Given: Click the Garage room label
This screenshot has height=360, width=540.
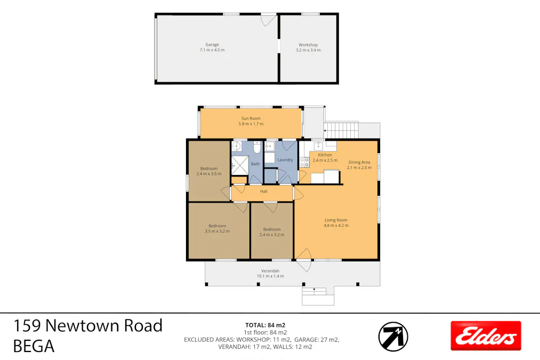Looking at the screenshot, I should pyautogui.click(x=212, y=45).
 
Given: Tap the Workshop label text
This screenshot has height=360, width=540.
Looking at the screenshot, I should pyautogui.click(x=308, y=45).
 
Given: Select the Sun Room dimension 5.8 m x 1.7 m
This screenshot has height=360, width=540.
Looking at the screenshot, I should pyautogui.click(x=251, y=124).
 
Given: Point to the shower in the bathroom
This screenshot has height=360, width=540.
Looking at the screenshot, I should pyautogui.click(x=240, y=165).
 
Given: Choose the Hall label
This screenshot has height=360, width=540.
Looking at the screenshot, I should pyautogui.click(x=263, y=191).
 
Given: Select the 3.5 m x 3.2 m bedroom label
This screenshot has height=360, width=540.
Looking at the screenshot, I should pyautogui.click(x=217, y=231).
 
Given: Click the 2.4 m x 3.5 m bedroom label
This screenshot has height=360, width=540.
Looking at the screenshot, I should pyautogui.click(x=208, y=173).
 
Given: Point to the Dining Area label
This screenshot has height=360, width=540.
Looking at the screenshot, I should pyautogui.click(x=359, y=162).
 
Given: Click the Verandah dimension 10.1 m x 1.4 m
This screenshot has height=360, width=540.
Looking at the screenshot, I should pyautogui.click(x=270, y=276).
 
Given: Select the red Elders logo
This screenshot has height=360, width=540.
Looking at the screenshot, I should pyautogui.click(x=485, y=335).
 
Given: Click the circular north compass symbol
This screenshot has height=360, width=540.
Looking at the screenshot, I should pyautogui.click(x=393, y=337).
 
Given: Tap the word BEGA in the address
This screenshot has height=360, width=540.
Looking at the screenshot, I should pyautogui.click(x=34, y=347).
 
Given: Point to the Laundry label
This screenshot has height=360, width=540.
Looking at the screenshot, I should pyautogui.click(x=285, y=159).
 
